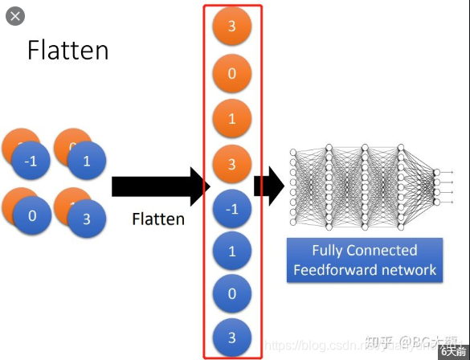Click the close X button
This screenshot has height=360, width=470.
coord(14,16)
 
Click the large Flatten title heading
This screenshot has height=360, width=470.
coord(67,50)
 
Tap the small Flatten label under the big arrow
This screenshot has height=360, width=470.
coord(158,219)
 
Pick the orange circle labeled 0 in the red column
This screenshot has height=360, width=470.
coord(232,74)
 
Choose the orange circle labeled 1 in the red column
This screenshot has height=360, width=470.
coord(232,119)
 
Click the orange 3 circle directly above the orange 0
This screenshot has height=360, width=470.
coord(232,27)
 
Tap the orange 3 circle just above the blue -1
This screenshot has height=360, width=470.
coord(232,164)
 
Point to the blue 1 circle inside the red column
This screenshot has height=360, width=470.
coord(232,252)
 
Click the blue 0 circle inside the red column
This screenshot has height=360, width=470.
coord(232,294)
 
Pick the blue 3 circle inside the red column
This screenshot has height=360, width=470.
coord(232,336)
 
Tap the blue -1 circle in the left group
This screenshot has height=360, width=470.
coord(31,161)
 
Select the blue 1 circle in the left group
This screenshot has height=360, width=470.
coord(87,161)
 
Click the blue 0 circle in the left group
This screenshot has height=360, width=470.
coord(31,216)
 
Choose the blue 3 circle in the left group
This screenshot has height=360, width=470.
coord(87,219)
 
